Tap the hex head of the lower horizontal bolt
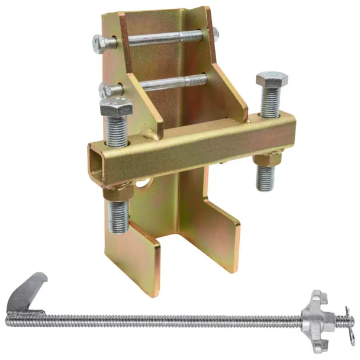point(107,91)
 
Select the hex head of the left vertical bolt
point(116,108)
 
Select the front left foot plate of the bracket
point(133,261)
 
